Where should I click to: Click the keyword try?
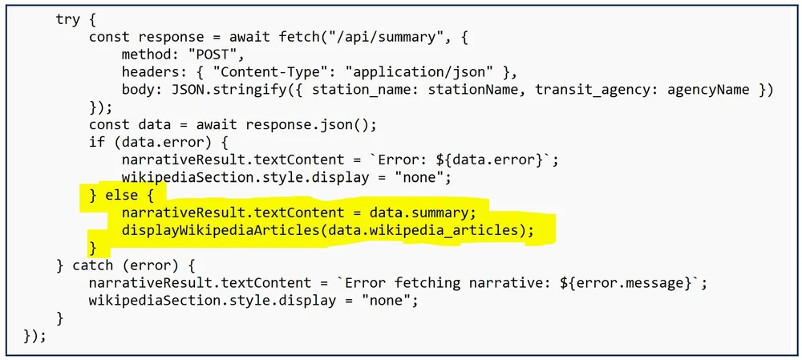click(x=67, y=20)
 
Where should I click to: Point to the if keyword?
click(x=97, y=143)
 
